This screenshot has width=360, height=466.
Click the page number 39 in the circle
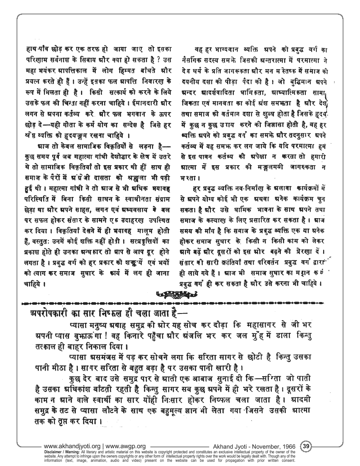(x=307, y=446)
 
